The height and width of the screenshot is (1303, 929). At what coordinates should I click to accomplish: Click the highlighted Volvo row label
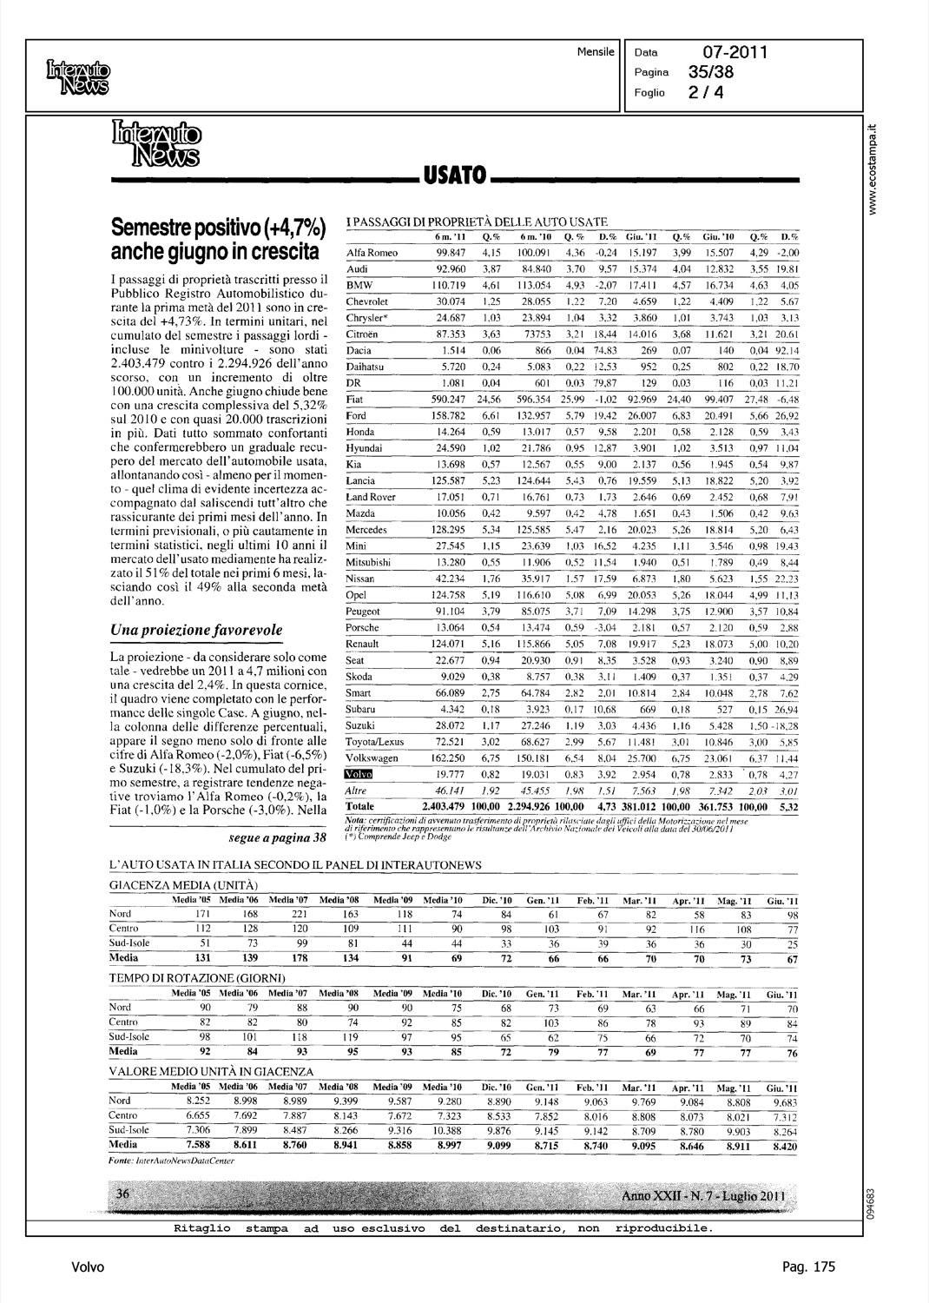358,774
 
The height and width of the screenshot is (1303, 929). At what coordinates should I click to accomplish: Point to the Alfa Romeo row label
372,253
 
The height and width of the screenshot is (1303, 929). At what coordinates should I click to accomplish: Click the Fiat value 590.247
451,400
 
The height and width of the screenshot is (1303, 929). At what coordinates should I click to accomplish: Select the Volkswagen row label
372,758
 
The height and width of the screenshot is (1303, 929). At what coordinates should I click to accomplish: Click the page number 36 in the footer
122,1194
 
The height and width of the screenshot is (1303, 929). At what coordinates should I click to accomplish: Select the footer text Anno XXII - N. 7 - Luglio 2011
704,1198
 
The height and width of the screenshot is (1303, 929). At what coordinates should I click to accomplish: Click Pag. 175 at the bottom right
808,1267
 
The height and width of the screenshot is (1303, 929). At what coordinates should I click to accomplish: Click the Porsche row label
364,628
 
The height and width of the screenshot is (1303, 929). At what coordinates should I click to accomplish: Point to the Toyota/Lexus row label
375,742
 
